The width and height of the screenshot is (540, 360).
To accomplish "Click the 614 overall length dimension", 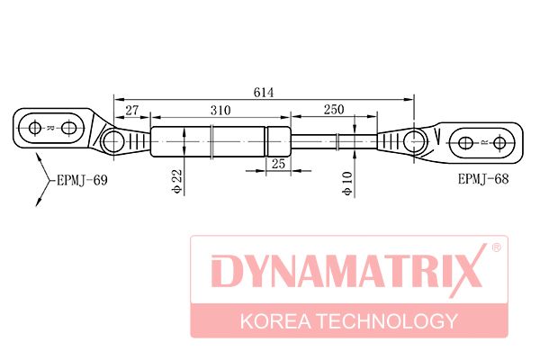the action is click(x=264, y=93).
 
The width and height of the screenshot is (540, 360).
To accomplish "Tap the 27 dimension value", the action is click(x=131, y=111).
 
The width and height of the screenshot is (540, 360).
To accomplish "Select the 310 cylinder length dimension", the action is click(x=220, y=111).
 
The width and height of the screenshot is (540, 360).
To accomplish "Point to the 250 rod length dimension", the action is click(x=333, y=110).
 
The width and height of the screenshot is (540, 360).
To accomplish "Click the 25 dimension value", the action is click(x=278, y=164).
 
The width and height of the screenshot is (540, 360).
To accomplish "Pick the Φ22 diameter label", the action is click(x=177, y=181).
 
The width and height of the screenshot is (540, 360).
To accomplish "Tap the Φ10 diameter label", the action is click(x=347, y=184).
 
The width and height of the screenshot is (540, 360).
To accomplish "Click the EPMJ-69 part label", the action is click(x=82, y=180).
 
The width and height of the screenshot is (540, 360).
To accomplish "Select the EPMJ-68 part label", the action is click(x=482, y=179).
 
